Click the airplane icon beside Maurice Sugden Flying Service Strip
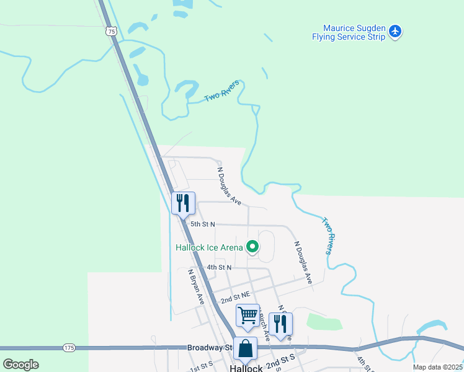[x=396, y=30]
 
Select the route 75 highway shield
[x=110, y=30]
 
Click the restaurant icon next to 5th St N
[x=183, y=203]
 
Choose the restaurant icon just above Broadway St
[x=280, y=324]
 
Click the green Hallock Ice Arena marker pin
[x=252, y=247]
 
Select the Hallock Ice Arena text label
[x=208, y=247]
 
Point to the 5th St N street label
[x=202, y=224]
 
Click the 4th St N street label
[x=219, y=267]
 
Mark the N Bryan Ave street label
[x=196, y=286]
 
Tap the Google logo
[x=20, y=365]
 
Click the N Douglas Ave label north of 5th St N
[x=229, y=184]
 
